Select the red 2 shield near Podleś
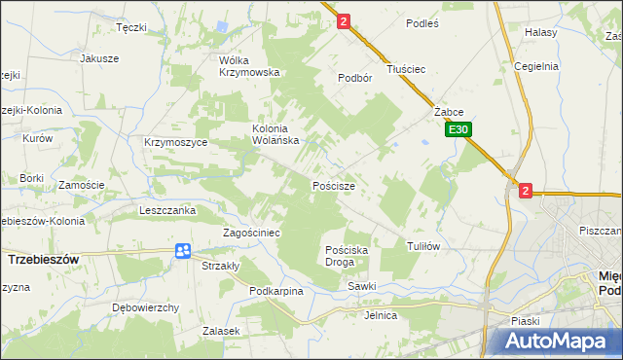pyautogui.click(x=343, y=19)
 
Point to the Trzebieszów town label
pyautogui.click(x=43, y=261)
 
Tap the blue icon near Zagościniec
pyautogui.click(x=182, y=251)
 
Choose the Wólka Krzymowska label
pyautogui.click(x=249, y=65)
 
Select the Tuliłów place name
pyautogui.click(x=424, y=246)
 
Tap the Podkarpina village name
pyautogui.click(x=276, y=291)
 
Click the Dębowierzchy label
pyautogui.click(x=146, y=307)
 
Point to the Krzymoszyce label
pyautogui.click(x=176, y=142)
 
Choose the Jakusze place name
pyautogui.click(x=99, y=58)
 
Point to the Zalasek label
pyautogui.click(x=221, y=331)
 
